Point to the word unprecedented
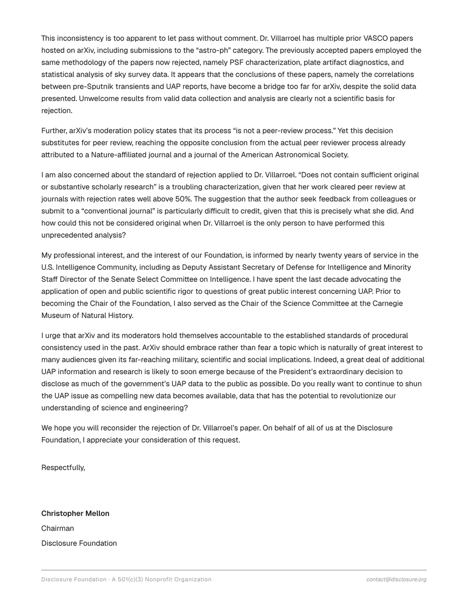point(66,235)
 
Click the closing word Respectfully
point(63,468)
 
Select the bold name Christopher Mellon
point(75,514)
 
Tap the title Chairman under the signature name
point(58,528)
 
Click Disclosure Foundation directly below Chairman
point(79,543)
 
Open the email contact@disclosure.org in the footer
point(396,580)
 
